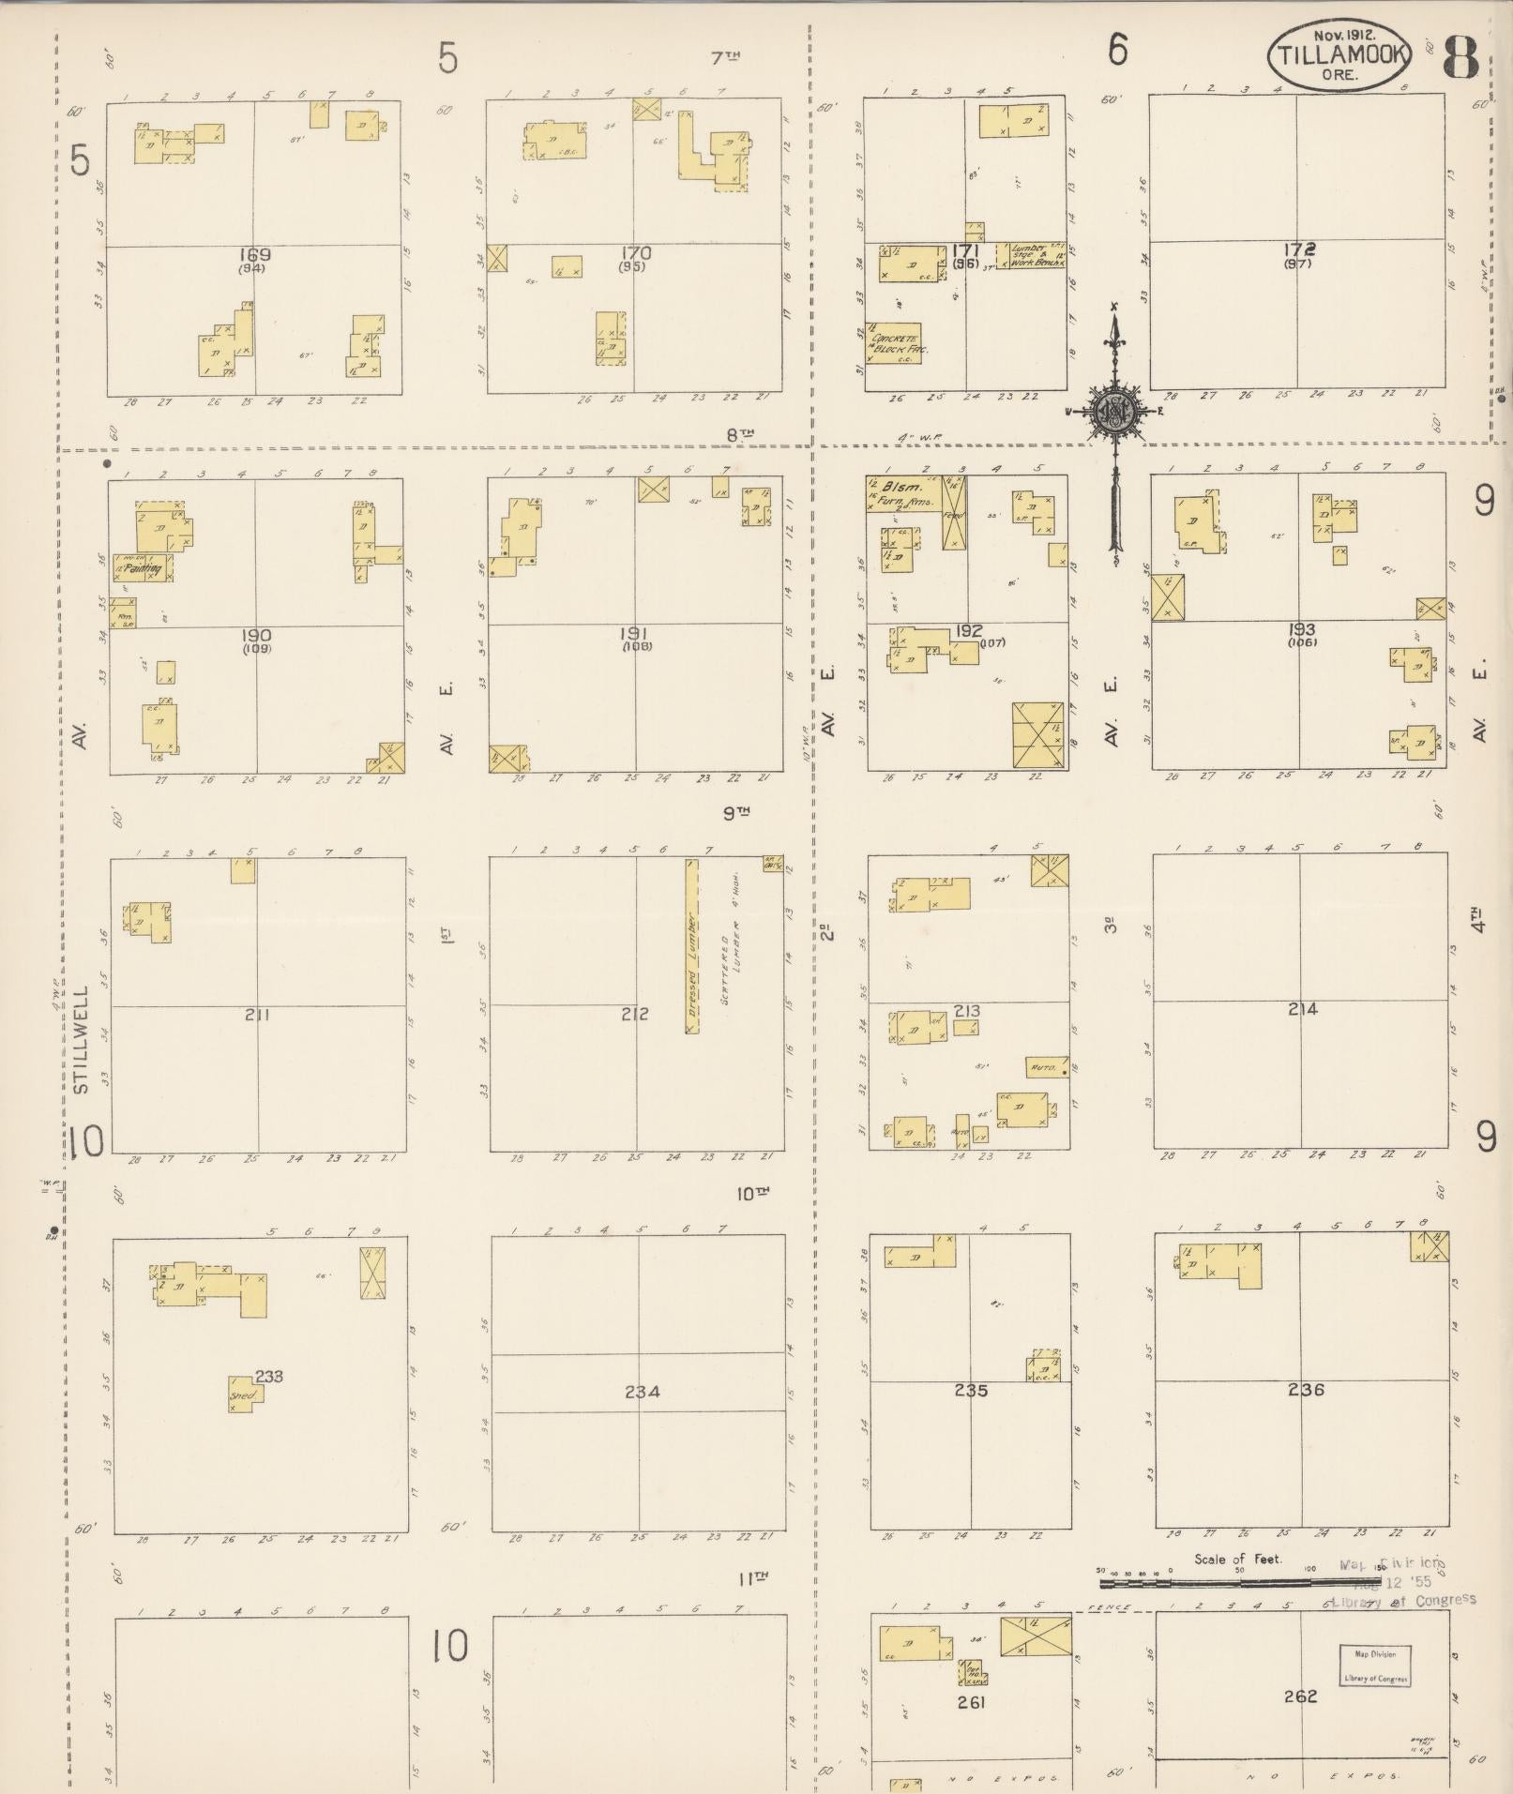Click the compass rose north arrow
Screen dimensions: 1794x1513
[x=1115, y=413]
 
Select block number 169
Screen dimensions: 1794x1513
[x=254, y=255]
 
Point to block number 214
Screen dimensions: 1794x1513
[x=1303, y=1009]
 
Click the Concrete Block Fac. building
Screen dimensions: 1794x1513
[x=894, y=343]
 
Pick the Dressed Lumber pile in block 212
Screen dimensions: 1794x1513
[x=691, y=945]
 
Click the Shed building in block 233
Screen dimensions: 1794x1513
[x=244, y=1394]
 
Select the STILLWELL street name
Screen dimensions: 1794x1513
[x=81, y=1038]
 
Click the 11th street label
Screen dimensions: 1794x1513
[x=752, y=1578]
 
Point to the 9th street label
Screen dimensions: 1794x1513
[x=737, y=814]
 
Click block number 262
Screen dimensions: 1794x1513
[x=1301, y=1696]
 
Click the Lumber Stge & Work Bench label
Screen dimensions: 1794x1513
[x=1033, y=256]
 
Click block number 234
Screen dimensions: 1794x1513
[x=642, y=1391]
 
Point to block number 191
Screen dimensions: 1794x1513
[x=635, y=635]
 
